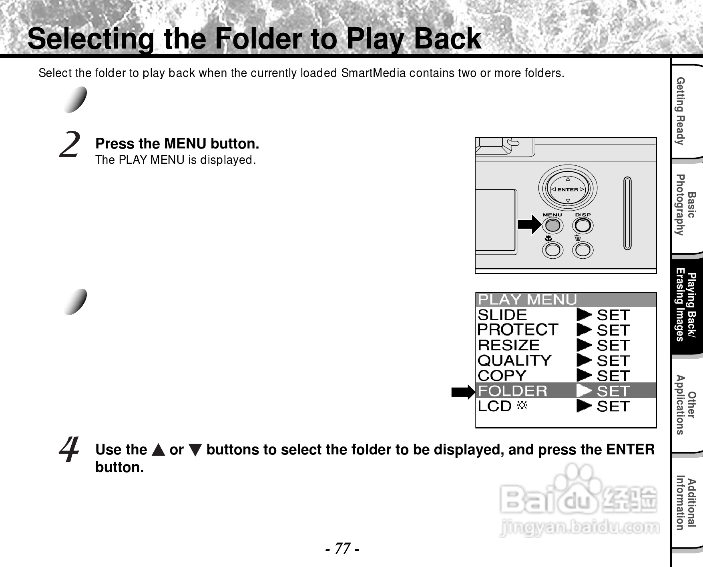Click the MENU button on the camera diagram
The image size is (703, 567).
pos(552,225)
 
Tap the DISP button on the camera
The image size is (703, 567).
pos(583,225)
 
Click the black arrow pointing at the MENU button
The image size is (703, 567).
pos(529,224)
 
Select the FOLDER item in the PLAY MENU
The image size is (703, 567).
pos(512,391)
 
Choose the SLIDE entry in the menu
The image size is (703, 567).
pos(502,315)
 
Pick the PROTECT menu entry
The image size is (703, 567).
pos(518,330)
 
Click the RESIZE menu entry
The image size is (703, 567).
pos(509,345)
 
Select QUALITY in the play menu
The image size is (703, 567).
pos(515,360)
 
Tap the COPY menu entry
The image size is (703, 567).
pos(502,376)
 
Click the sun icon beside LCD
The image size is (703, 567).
pos(522,406)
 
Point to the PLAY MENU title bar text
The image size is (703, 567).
pos(528,300)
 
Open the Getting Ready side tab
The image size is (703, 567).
pos(686,111)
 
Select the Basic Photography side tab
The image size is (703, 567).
pos(686,205)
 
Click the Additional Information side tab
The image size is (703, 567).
pos(686,505)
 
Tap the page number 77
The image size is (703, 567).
pos(342,549)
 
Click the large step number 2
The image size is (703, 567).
pos(69,145)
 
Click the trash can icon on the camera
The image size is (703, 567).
pos(578,238)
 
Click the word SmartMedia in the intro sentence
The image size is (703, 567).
pos(373,73)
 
